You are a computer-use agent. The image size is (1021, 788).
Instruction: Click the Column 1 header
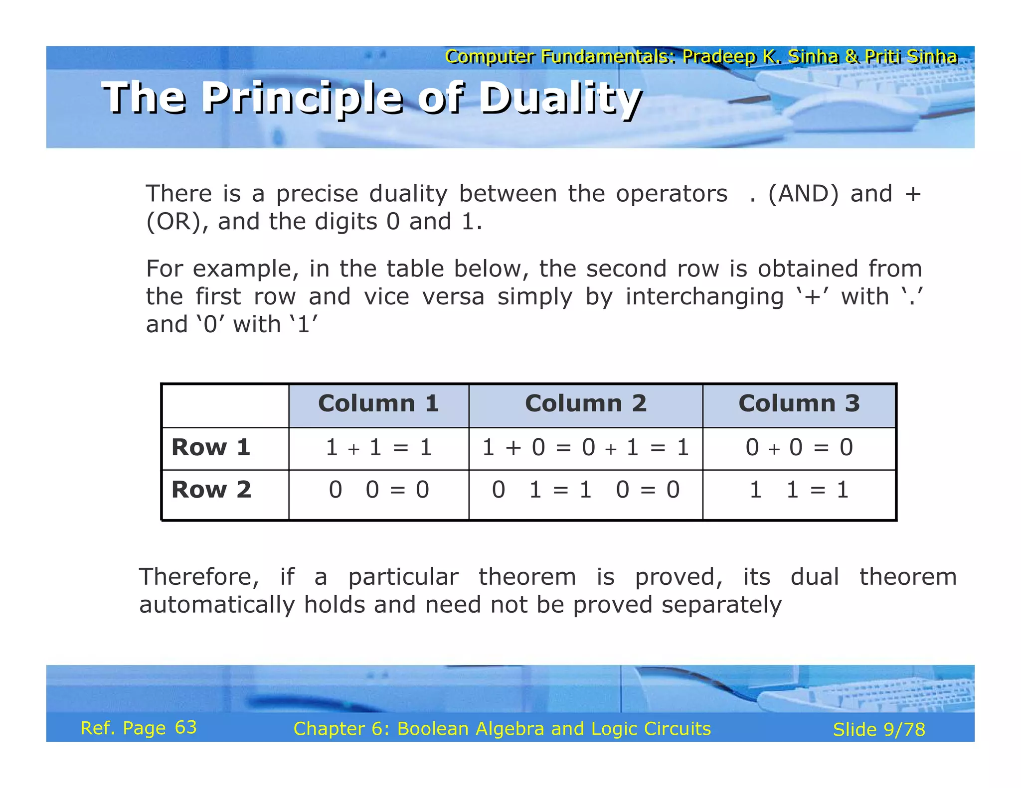(378, 403)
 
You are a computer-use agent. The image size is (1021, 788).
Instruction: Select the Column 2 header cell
(585, 403)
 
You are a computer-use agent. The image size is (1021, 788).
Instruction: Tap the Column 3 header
(799, 403)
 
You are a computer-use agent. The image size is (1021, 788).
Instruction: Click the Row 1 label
(210, 447)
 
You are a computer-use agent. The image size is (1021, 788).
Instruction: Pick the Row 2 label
(211, 490)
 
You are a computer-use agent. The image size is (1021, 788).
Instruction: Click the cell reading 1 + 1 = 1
(378, 447)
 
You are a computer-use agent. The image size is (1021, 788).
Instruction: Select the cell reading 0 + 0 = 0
(799, 447)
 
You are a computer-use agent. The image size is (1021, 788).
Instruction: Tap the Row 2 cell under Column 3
(799, 490)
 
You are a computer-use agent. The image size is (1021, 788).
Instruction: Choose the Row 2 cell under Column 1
(378, 490)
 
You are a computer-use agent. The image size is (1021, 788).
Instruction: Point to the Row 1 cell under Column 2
(585, 447)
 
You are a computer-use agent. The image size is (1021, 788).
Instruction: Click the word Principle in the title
(302, 98)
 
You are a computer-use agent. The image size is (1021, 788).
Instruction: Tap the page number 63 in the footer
(186, 728)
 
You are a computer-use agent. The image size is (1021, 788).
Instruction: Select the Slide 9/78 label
(879, 730)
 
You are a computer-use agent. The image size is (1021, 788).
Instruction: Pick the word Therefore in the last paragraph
(198, 577)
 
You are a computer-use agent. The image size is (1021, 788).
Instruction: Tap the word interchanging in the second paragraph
(704, 297)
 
